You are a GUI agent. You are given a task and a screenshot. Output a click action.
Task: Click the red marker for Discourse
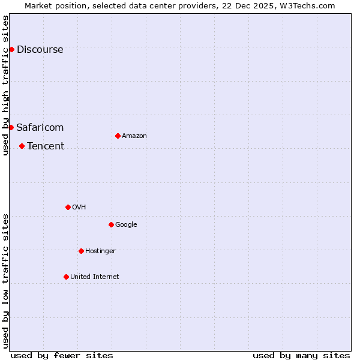(11, 49)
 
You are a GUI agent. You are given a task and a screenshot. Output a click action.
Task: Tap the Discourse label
(40, 50)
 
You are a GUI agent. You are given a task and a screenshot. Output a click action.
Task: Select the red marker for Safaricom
(11, 127)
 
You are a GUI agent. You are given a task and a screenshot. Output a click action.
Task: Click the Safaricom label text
(40, 127)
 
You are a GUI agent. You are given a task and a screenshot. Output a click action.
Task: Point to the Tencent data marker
(22, 146)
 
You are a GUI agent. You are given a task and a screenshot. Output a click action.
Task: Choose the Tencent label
(46, 146)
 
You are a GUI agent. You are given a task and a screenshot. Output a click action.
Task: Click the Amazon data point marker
(118, 136)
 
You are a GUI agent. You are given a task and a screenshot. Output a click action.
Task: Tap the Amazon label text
(134, 136)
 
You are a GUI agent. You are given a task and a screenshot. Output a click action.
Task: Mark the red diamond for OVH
(68, 207)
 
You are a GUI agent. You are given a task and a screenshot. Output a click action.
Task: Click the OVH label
(79, 208)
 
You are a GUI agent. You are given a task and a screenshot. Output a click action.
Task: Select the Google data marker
(111, 224)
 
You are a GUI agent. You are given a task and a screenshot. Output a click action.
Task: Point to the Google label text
(126, 225)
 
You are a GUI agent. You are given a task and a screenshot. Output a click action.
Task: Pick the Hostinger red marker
(81, 251)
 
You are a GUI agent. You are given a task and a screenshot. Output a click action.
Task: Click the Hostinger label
(100, 251)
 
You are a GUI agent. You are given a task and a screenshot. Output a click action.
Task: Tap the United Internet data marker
(66, 277)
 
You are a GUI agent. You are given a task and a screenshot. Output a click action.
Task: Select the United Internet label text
(94, 277)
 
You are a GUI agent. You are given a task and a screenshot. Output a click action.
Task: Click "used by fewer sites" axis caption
(62, 355)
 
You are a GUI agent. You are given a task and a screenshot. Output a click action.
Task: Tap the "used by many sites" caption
(301, 355)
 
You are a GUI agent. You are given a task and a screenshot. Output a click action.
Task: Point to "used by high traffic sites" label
(6, 85)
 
